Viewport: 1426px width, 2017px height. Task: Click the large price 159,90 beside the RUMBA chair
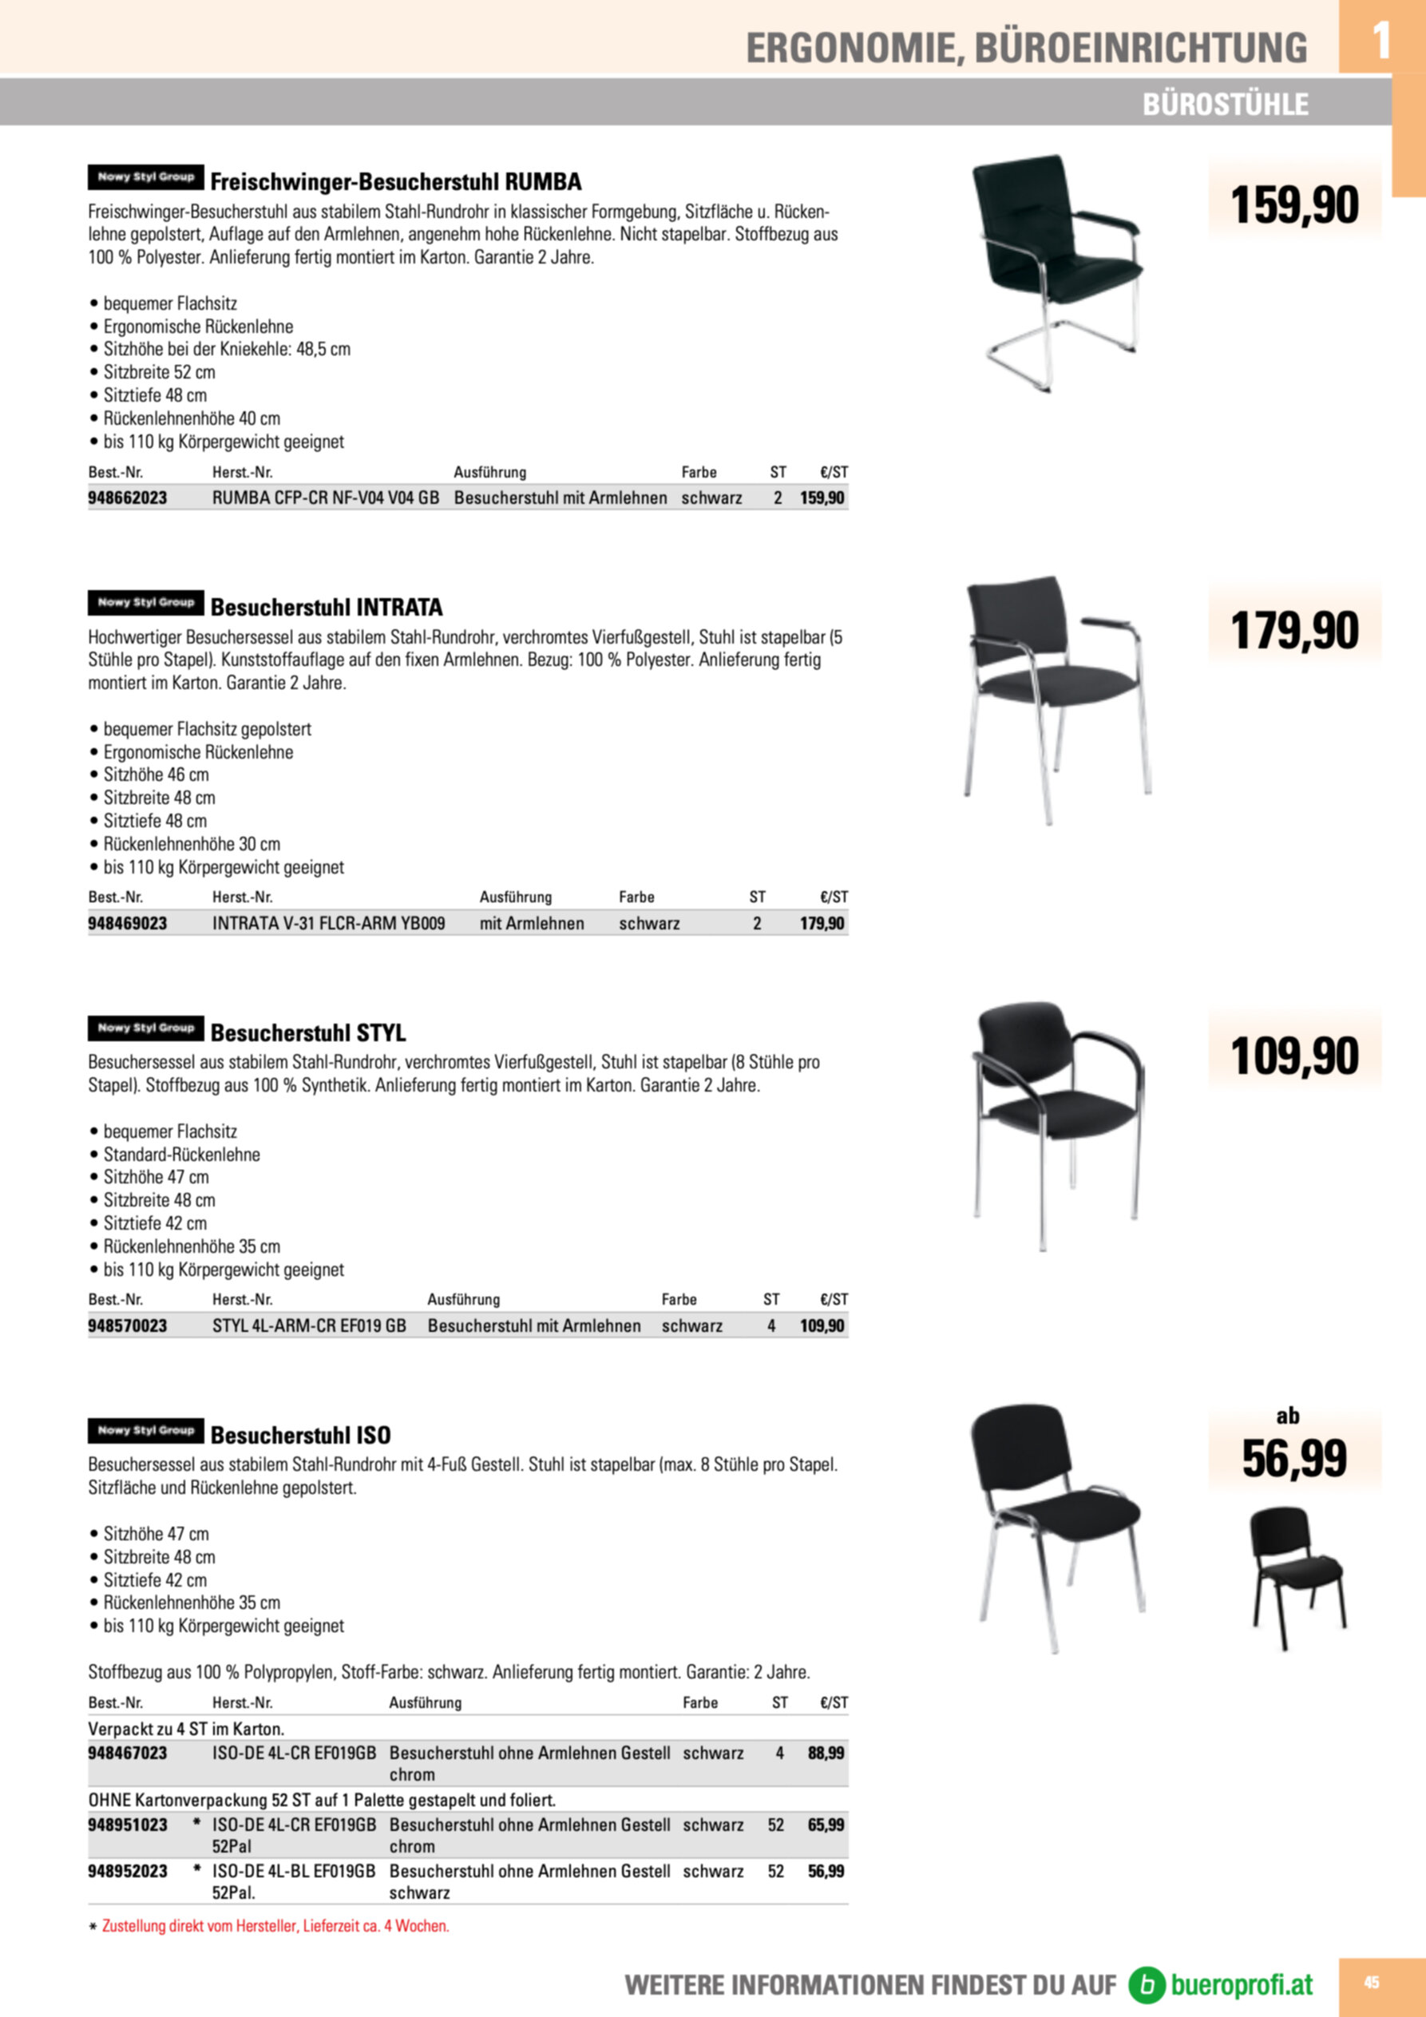click(1294, 204)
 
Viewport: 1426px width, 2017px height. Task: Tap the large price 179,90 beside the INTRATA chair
click(1294, 631)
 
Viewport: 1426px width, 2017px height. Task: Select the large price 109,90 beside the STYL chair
click(1294, 1056)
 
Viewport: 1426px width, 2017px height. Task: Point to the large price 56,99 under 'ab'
click(1294, 1458)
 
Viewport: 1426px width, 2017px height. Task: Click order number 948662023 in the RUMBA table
click(128, 498)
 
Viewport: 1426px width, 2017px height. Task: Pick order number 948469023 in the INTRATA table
click(128, 923)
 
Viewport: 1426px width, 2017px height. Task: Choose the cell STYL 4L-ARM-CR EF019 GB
click(309, 1326)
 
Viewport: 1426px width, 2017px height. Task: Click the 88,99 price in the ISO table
click(826, 1753)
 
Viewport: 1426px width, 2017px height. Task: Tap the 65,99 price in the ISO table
click(826, 1825)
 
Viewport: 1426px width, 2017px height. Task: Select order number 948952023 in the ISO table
click(128, 1871)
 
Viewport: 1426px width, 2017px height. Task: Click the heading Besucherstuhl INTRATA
click(326, 607)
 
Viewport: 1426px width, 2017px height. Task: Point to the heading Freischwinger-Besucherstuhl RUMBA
click(395, 182)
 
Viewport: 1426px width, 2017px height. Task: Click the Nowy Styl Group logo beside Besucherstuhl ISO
click(146, 1430)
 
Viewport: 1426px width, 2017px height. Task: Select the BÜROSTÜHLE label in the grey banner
click(1225, 105)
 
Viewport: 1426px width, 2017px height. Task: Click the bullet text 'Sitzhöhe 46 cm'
click(156, 775)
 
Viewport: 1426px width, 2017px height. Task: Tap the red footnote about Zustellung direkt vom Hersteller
click(275, 1926)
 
